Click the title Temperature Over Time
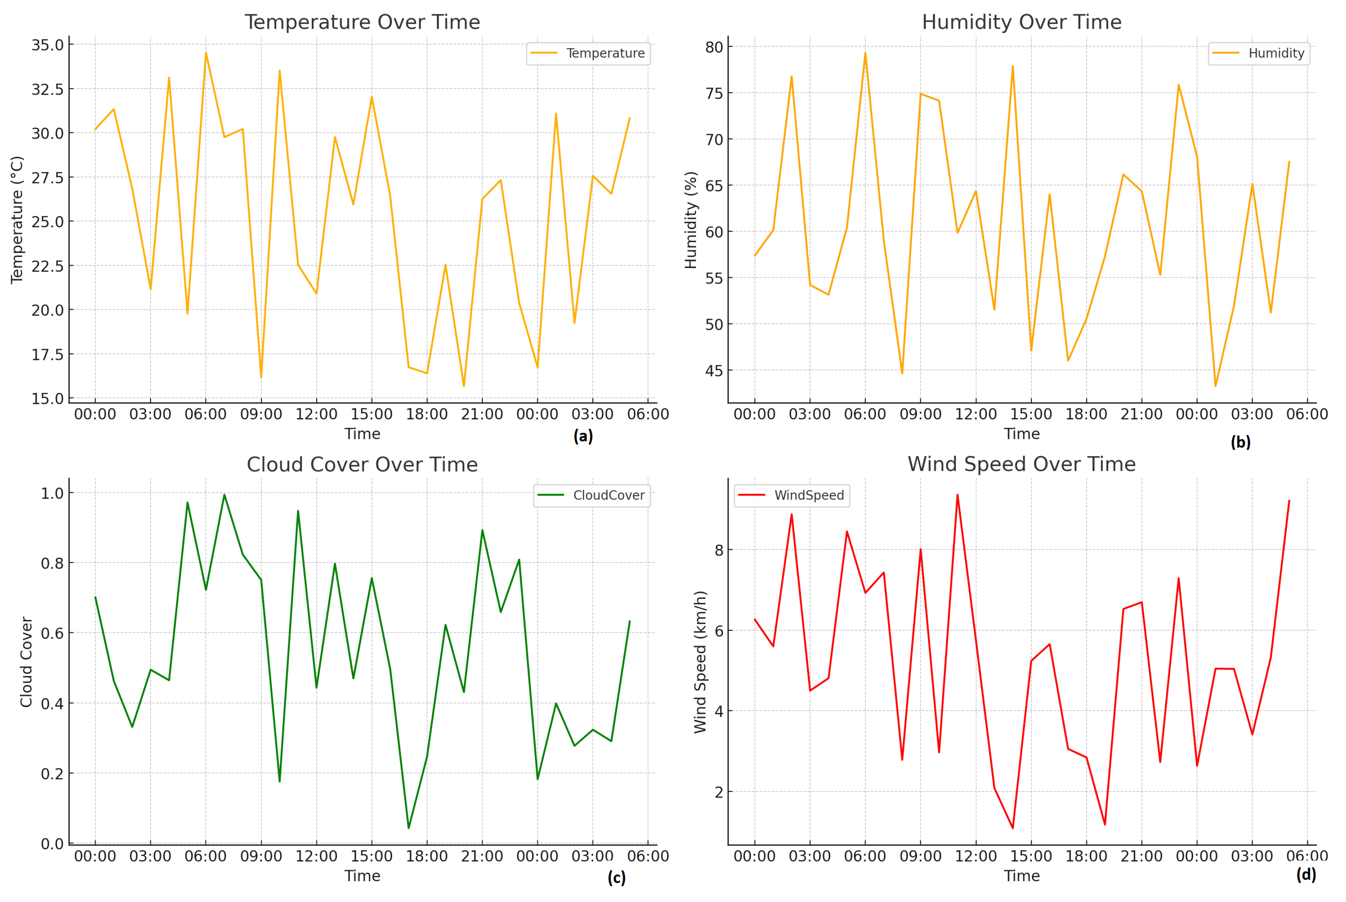click(x=362, y=22)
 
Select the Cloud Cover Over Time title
click(x=362, y=465)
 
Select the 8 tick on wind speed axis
click(x=718, y=550)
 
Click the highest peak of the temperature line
click(x=206, y=53)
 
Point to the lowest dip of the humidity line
click(x=1215, y=386)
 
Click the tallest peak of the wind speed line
click(x=957, y=495)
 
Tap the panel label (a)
click(x=583, y=437)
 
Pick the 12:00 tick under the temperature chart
click(x=316, y=414)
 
